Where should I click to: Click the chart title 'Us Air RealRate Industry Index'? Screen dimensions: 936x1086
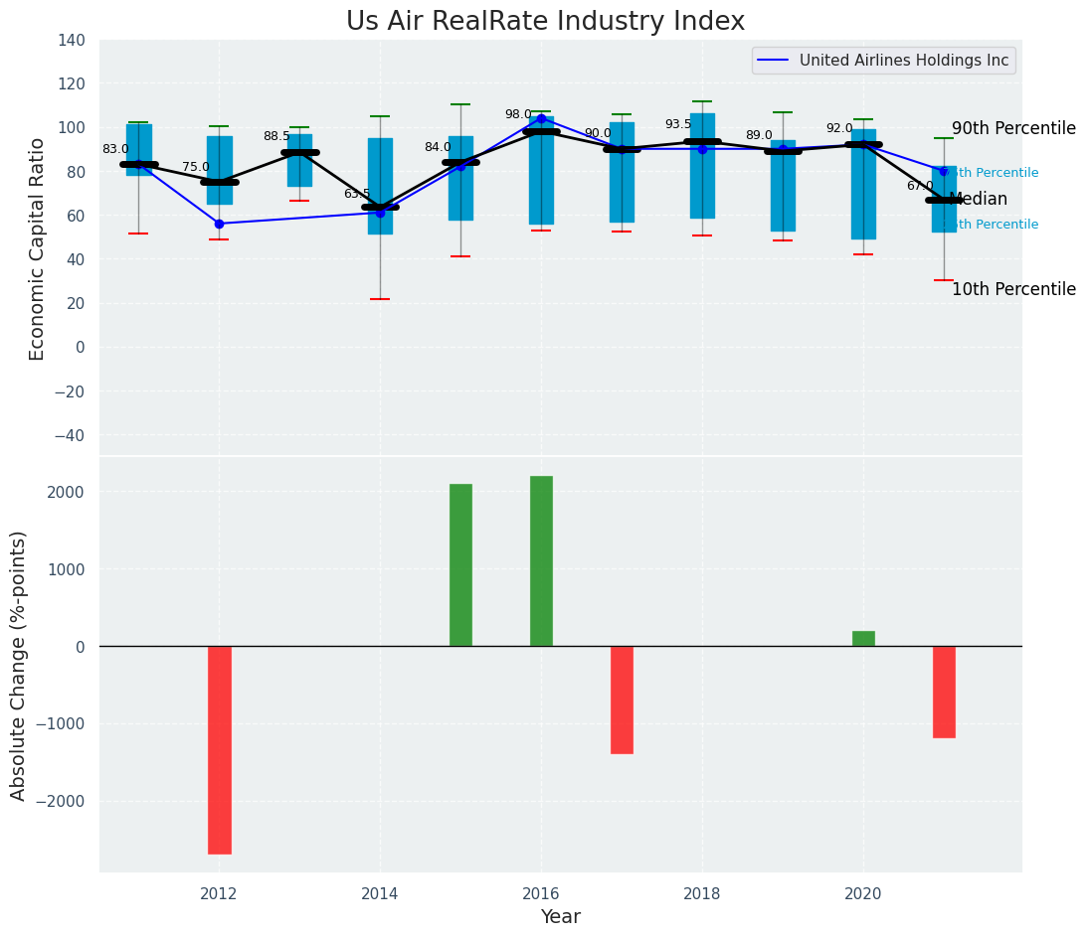tap(545, 22)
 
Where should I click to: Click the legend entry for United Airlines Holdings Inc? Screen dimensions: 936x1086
tap(903, 61)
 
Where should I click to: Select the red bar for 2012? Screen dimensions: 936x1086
tap(219, 749)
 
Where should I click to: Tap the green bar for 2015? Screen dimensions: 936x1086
tap(460, 564)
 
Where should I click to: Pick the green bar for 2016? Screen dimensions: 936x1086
tap(541, 560)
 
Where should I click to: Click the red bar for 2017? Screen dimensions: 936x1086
tap(622, 700)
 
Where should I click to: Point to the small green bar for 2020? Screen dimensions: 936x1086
tap(863, 638)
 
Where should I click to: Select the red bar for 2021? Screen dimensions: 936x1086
tap(944, 692)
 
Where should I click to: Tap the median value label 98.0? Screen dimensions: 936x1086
tap(518, 114)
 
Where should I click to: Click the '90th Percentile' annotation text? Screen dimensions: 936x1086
tap(1013, 128)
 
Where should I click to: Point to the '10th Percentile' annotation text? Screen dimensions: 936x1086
tap(1013, 289)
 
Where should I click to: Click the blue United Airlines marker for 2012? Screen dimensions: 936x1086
tap(219, 224)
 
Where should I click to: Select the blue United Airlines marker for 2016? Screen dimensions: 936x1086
tap(541, 118)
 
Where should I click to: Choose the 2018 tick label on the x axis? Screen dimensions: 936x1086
tap(702, 893)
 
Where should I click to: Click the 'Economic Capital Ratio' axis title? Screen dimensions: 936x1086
tap(38, 248)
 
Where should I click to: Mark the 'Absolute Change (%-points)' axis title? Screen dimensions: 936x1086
tap(19, 665)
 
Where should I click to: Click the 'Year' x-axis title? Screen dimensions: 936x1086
tap(560, 916)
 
